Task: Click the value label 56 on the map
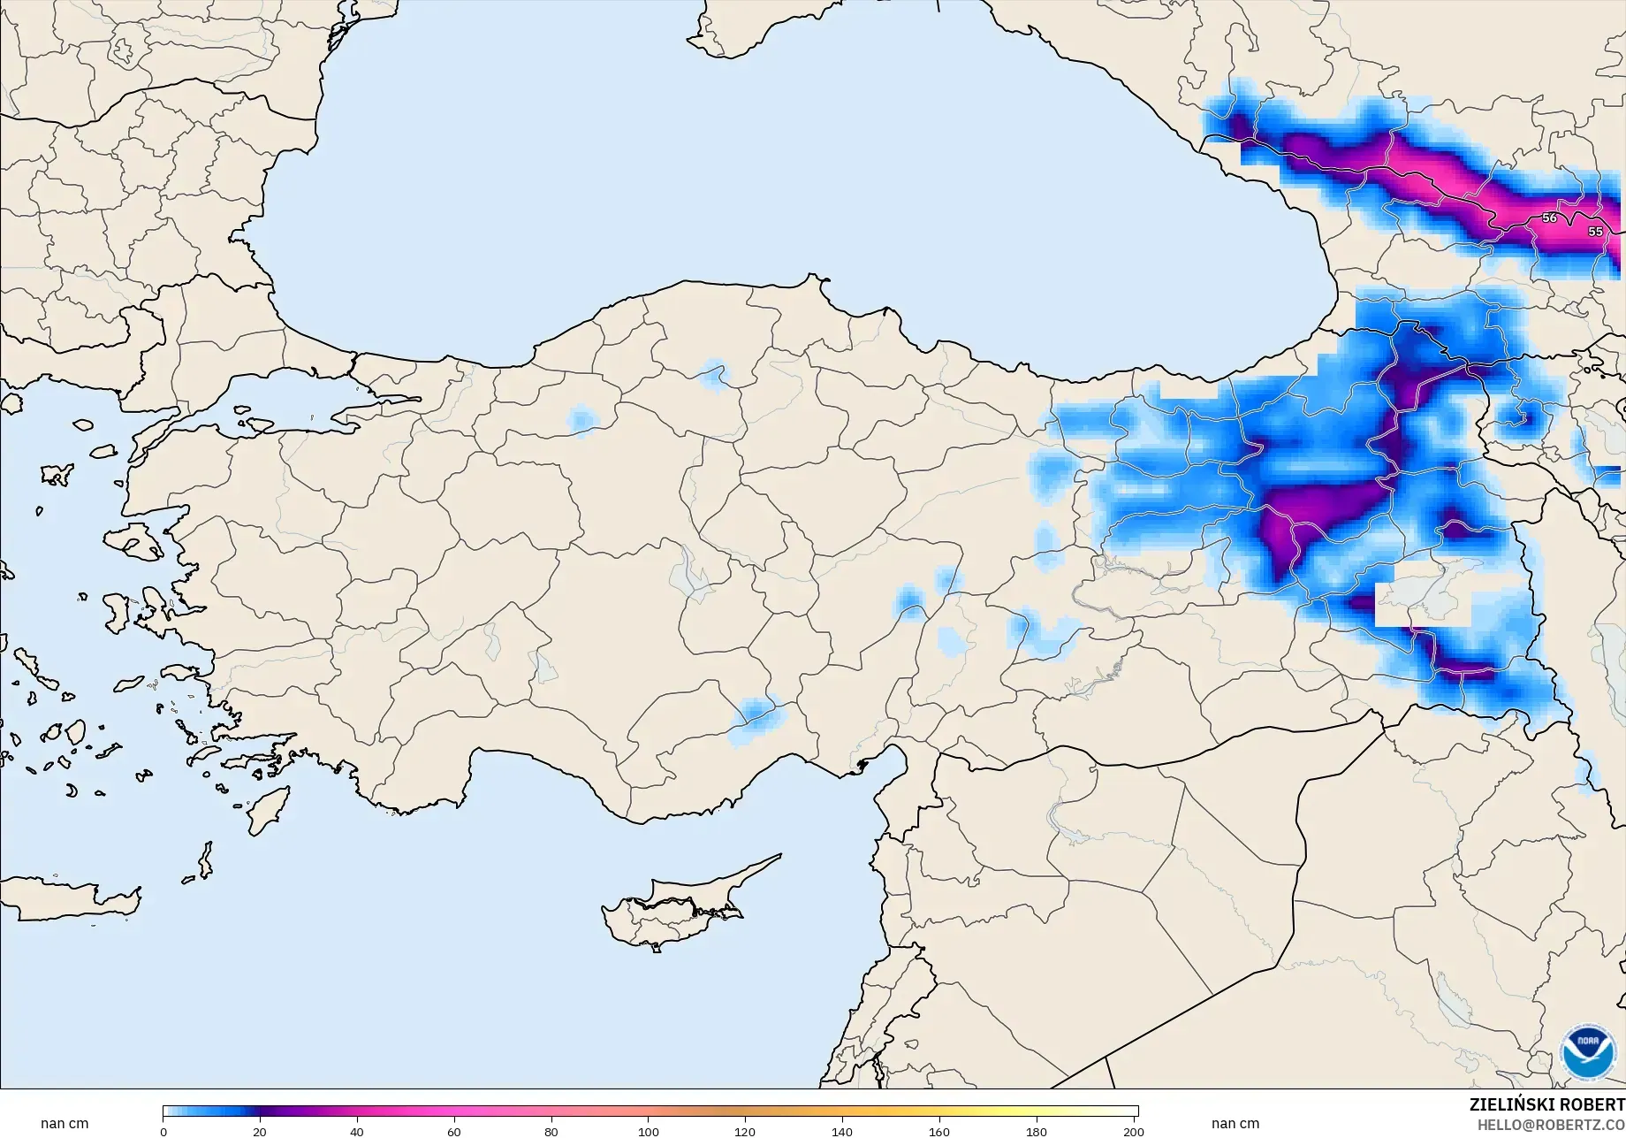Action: pos(1549,218)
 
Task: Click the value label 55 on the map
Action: pos(1595,232)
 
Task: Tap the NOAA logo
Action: pos(1588,1051)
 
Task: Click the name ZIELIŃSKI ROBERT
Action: pos(1546,1104)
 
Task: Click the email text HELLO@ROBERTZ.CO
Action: pos(1551,1124)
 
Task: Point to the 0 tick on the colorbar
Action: pos(163,1131)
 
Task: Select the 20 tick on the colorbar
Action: pos(260,1131)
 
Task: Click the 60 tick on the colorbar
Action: pos(454,1131)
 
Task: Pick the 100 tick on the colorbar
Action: pos(649,1131)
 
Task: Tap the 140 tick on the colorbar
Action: pos(842,1131)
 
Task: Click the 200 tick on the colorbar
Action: pos(1134,1131)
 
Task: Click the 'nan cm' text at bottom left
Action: pos(65,1124)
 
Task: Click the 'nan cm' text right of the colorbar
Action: pos(1235,1124)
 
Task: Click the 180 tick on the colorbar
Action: pos(1037,1131)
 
